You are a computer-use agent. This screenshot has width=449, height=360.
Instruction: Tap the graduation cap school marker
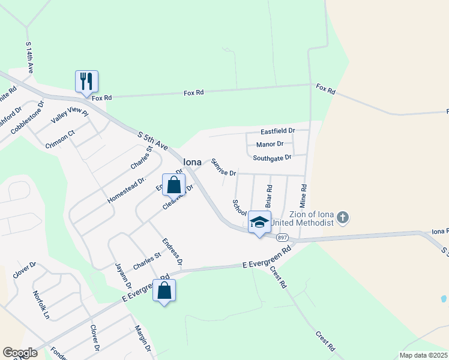click(x=259, y=221)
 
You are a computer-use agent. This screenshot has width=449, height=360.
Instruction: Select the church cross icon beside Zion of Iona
click(x=342, y=217)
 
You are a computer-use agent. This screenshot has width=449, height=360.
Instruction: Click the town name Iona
click(x=192, y=162)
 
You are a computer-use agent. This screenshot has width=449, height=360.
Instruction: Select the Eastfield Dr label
click(x=278, y=130)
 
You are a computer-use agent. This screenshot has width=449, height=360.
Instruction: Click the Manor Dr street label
click(x=270, y=144)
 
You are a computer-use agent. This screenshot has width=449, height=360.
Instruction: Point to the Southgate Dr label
click(x=271, y=158)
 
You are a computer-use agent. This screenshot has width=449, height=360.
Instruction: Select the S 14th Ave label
click(x=29, y=58)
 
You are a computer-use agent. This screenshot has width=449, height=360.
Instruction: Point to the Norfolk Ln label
click(x=41, y=304)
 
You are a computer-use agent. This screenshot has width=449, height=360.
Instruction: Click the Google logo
click(x=19, y=353)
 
